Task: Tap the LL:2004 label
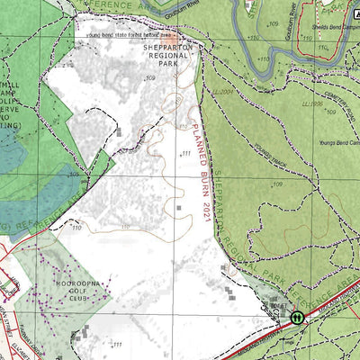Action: point(223,92)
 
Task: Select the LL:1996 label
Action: point(313,105)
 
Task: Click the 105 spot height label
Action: point(75,175)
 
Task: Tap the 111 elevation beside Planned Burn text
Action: point(186,154)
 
